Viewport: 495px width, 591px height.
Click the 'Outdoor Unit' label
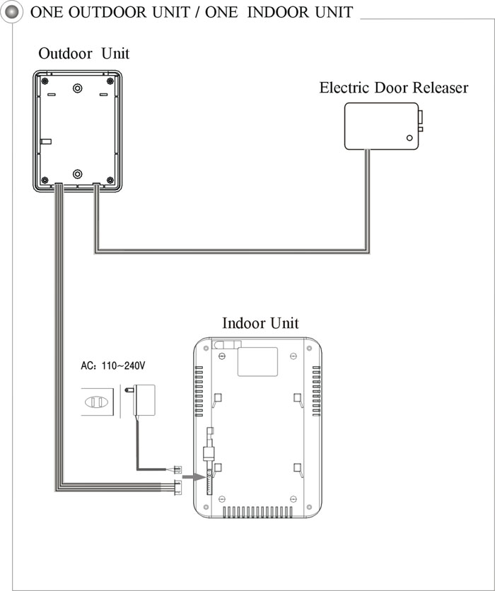[83, 54]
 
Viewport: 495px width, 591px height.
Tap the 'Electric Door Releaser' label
[394, 88]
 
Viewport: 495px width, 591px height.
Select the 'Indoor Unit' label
[260, 323]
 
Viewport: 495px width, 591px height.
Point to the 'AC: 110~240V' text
[112, 365]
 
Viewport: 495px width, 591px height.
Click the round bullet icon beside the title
[12, 12]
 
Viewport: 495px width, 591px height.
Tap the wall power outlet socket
[97, 402]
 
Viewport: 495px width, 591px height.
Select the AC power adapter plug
[141, 400]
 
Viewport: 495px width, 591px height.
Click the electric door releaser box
[383, 127]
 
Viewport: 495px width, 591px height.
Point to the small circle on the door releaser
[409, 138]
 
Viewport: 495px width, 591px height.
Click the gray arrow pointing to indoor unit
[194, 477]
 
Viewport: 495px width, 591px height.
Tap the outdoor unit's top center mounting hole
[77, 88]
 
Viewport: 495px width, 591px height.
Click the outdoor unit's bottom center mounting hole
[77, 174]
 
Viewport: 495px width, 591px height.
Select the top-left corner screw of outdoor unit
[45, 81]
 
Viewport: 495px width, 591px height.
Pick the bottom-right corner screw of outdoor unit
[110, 180]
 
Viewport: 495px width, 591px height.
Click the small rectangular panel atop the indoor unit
[258, 362]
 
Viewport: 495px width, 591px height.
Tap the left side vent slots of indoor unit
[199, 391]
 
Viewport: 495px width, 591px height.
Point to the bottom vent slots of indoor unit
[257, 512]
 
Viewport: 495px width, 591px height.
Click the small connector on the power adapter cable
[177, 469]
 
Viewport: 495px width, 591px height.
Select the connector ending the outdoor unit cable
[177, 487]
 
